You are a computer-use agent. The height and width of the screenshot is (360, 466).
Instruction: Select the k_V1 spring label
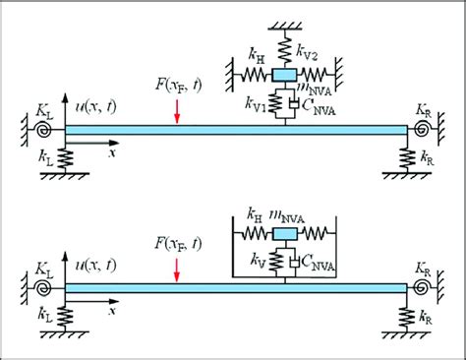coord(259,101)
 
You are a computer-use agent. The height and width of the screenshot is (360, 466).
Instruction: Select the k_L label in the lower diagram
coord(45,317)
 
